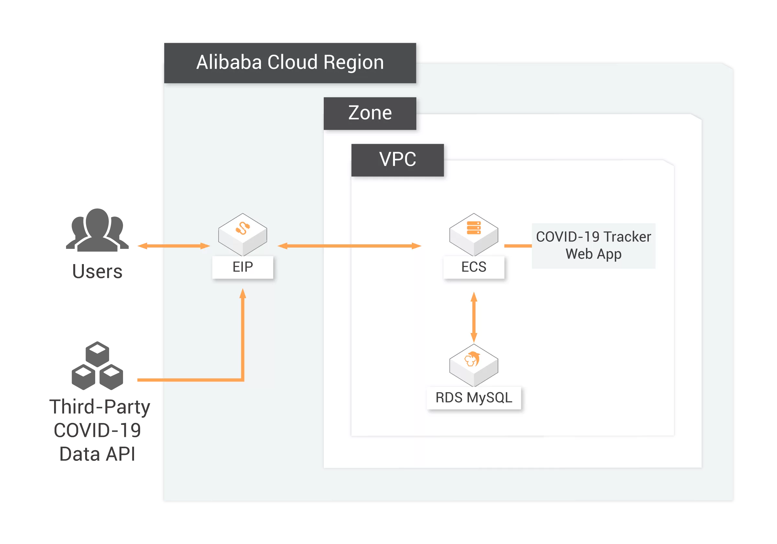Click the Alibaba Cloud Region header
click(290, 62)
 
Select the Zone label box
click(370, 113)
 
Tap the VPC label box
click(397, 160)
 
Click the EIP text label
click(242, 267)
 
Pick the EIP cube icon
click(242, 234)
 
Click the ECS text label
click(474, 267)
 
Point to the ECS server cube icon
click(474, 234)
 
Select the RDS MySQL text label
click(474, 398)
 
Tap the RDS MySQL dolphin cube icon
click(474, 365)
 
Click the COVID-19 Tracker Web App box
click(593, 246)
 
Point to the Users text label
click(98, 272)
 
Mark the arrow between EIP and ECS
click(349, 246)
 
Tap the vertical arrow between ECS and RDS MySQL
click(474, 317)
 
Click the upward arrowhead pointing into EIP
click(242, 294)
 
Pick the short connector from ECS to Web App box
click(518, 246)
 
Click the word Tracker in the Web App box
click(627, 237)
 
